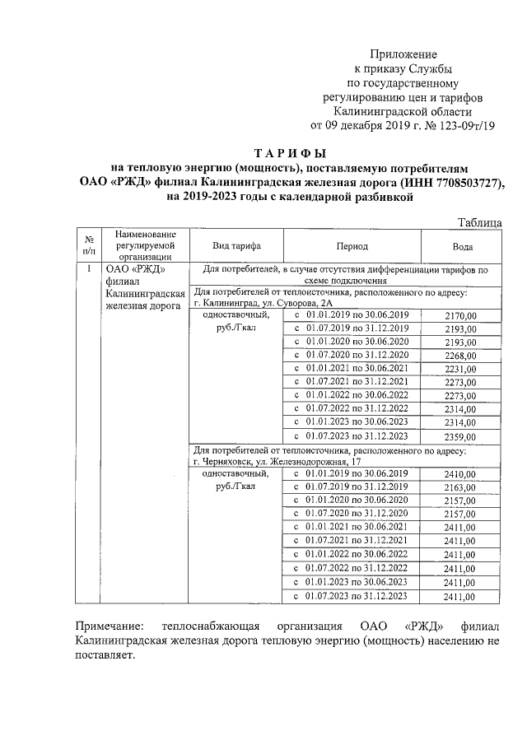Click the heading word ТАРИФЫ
click(x=291, y=152)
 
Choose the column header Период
click(x=352, y=245)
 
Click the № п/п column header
click(x=89, y=244)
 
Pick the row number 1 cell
click(x=89, y=269)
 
